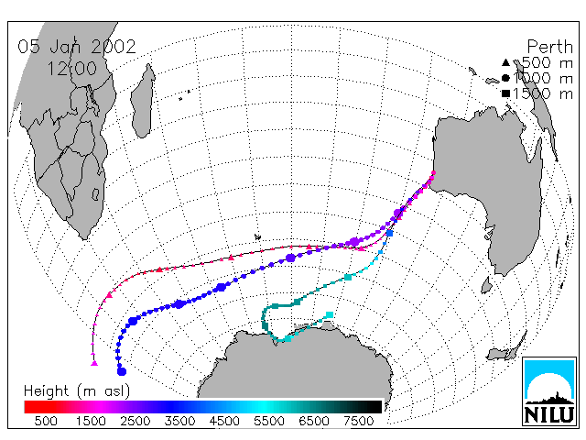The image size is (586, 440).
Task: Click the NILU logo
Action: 549,391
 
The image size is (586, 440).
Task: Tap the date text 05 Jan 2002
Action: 77,47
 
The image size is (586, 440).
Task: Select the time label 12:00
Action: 71,69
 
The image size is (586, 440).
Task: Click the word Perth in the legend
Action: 549,47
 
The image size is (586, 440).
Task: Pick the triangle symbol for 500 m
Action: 505,62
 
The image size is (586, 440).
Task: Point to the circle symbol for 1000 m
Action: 505,78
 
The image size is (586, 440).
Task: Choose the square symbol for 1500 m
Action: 505,93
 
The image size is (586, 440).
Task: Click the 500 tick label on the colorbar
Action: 46,421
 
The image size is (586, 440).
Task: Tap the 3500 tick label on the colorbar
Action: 179,421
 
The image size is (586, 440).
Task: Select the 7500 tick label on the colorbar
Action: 358,421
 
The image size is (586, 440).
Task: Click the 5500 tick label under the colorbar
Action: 269,421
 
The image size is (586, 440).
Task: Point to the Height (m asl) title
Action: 77,391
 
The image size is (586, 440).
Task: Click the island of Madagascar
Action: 143,101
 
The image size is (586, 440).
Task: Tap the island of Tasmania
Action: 486,285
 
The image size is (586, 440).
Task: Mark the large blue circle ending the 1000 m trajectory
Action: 122,371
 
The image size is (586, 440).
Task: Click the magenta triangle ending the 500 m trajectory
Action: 94,363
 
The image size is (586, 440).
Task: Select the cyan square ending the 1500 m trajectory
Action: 330,315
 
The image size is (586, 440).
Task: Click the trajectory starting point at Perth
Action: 433,173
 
